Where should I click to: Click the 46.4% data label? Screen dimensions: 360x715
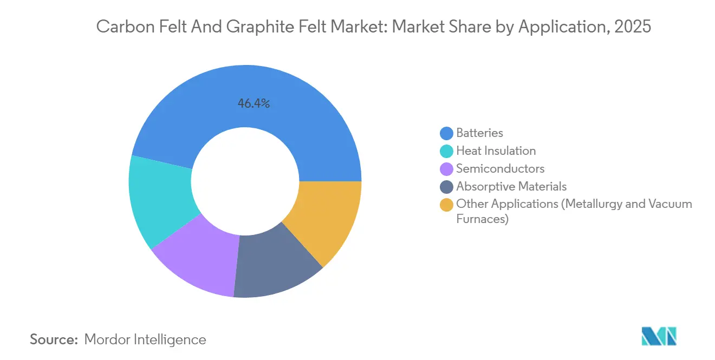[253, 103]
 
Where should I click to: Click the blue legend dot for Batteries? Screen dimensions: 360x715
[447, 133]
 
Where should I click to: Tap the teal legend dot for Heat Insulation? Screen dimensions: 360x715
[447, 151]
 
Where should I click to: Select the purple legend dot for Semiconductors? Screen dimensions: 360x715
[447, 169]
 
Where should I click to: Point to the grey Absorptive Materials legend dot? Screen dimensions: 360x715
[447, 187]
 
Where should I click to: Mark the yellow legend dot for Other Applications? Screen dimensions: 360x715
[447, 205]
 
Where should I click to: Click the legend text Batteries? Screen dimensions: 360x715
[479, 133]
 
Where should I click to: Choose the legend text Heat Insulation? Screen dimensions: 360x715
[496, 150]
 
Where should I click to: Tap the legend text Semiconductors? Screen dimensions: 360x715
[500, 168]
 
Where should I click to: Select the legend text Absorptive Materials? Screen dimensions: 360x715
[511, 186]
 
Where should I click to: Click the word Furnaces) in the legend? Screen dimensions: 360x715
[482, 219]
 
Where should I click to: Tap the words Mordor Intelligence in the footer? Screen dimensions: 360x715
[145, 339]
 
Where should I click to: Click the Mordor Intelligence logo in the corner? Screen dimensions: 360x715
[659, 336]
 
